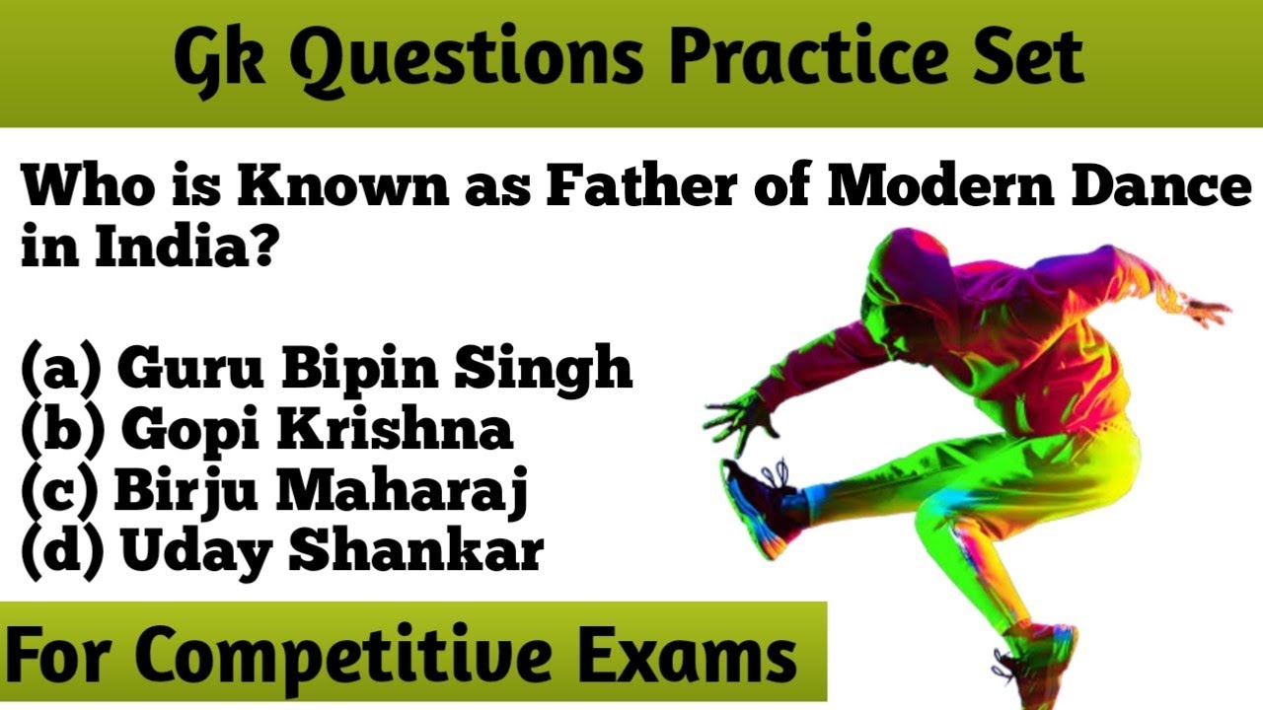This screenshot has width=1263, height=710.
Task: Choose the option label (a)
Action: [x=62, y=369]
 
